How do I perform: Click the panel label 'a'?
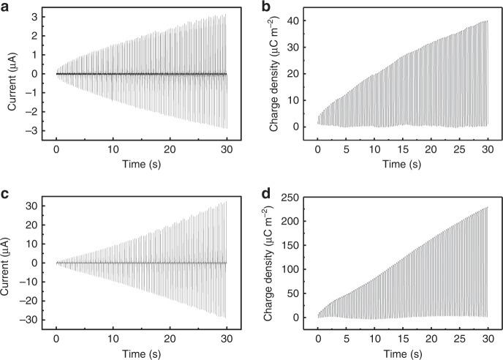coord(7,7)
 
